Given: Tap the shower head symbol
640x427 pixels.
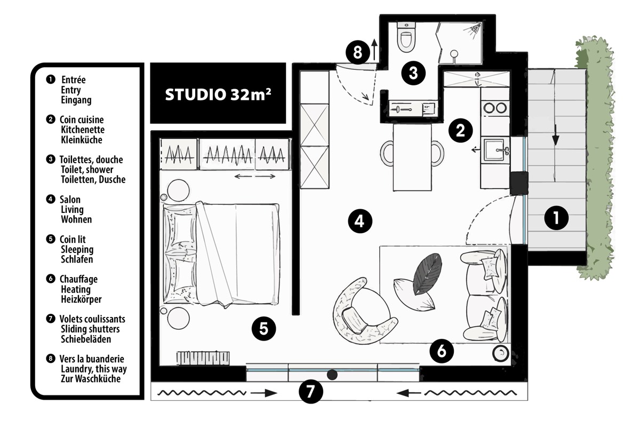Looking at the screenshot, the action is pyautogui.click(x=475, y=29).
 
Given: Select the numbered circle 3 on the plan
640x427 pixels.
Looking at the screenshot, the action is pyautogui.click(x=413, y=73).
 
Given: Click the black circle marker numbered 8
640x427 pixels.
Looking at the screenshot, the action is pyautogui.click(x=358, y=52).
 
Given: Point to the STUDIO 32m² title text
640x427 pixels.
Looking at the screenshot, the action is pyautogui.click(x=218, y=94).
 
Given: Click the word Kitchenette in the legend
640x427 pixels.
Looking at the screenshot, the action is pyautogui.click(x=83, y=130).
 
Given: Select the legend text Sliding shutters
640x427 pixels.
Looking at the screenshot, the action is pyautogui.click(x=90, y=329).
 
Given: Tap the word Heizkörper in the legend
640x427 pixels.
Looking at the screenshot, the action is pyautogui.click(x=81, y=299).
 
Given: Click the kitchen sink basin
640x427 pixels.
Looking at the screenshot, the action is pyautogui.click(x=494, y=149).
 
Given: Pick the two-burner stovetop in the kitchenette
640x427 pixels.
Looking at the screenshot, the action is pyautogui.click(x=495, y=108).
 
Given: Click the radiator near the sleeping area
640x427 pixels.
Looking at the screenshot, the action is pyautogui.click(x=203, y=358).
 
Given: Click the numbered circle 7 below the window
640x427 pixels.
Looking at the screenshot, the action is pyautogui.click(x=311, y=391).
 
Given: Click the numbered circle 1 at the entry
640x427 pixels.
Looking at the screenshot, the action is pyautogui.click(x=556, y=218).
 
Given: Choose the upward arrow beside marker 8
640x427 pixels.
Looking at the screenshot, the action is pyautogui.click(x=374, y=50).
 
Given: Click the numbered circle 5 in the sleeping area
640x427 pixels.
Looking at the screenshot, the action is pyautogui.click(x=263, y=328).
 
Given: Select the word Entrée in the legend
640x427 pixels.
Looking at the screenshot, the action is pyautogui.click(x=74, y=80).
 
